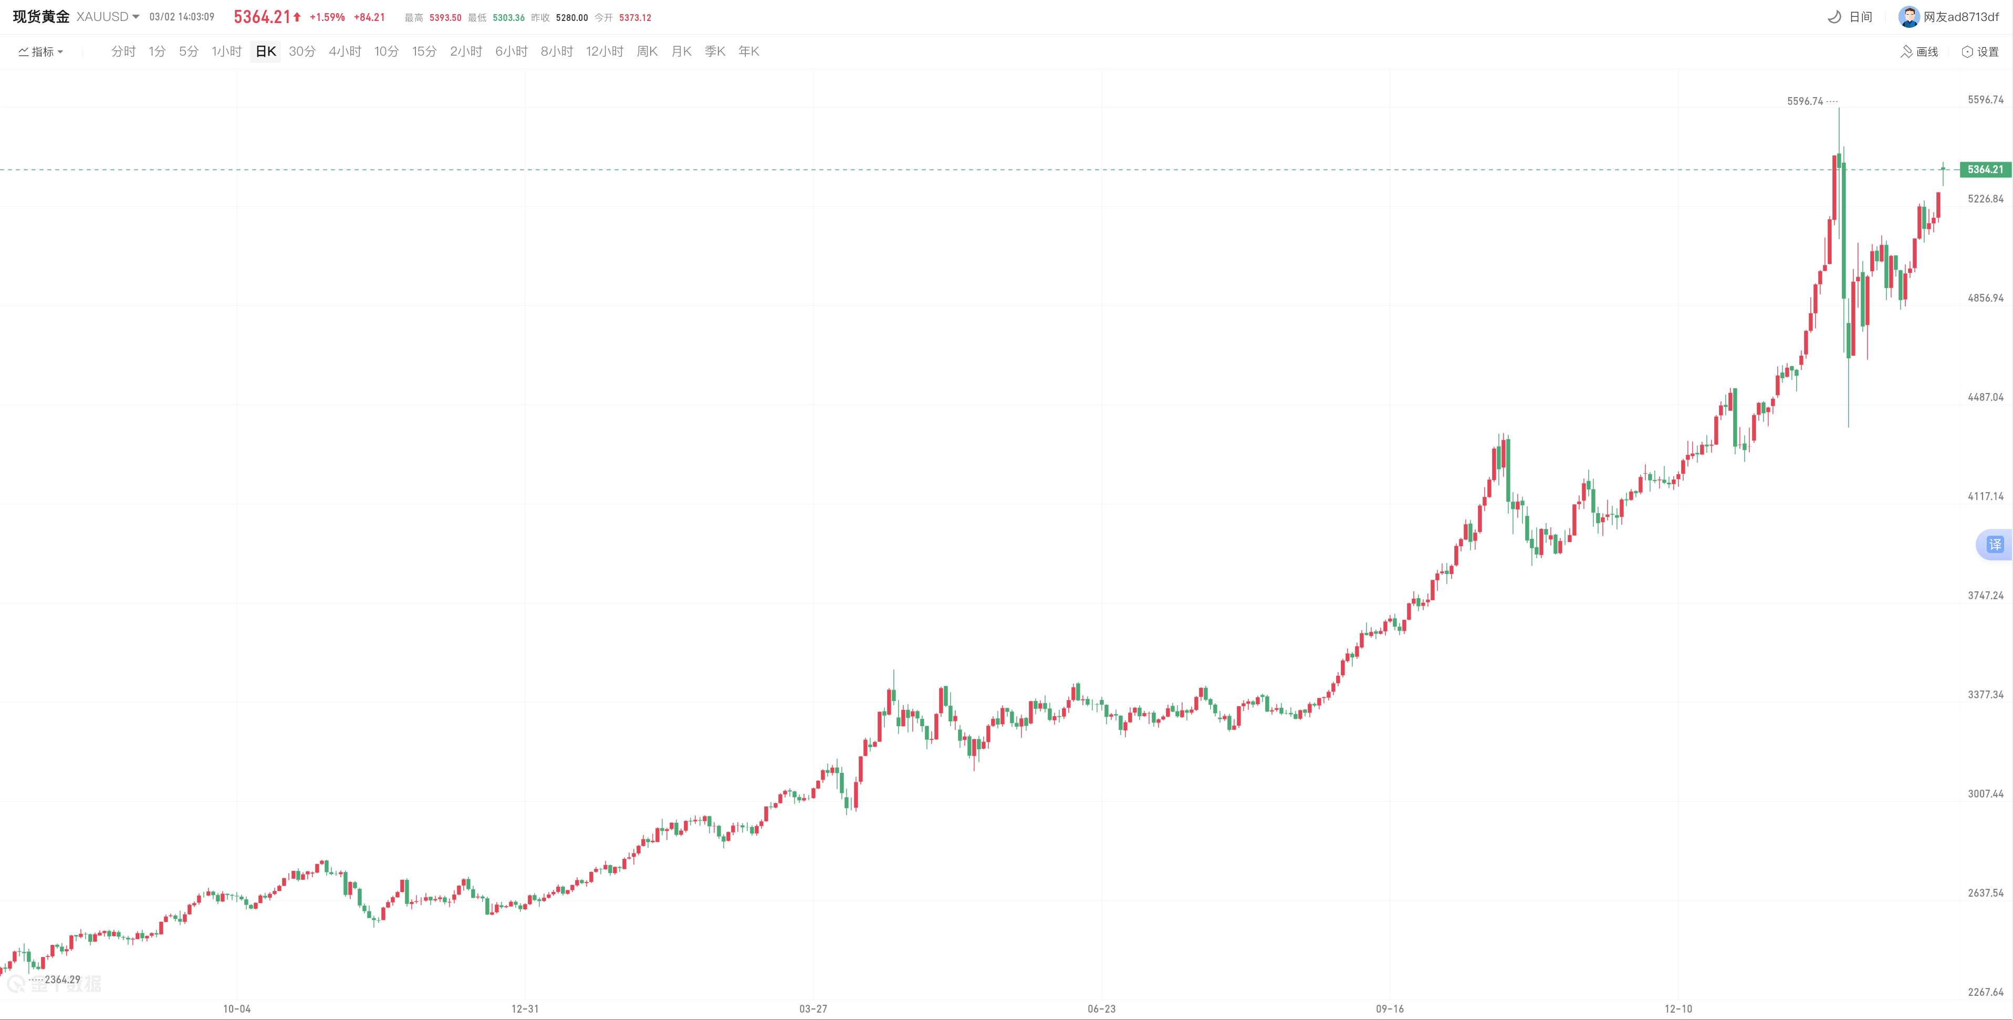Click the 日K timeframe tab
[266, 51]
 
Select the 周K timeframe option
[647, 51]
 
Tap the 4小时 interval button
[345, 51]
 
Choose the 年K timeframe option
[748, 51]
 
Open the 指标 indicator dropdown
[40, 51]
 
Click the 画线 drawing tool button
[1920, 51]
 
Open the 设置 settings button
[1980, 51]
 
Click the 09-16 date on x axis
[1390, 1009]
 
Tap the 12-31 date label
[525, 1009]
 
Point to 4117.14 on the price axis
[1985, 496]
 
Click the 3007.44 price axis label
[1985, 793]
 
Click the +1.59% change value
[327, 17]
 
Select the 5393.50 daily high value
[445, 18]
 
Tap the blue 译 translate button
[1995, 544]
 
